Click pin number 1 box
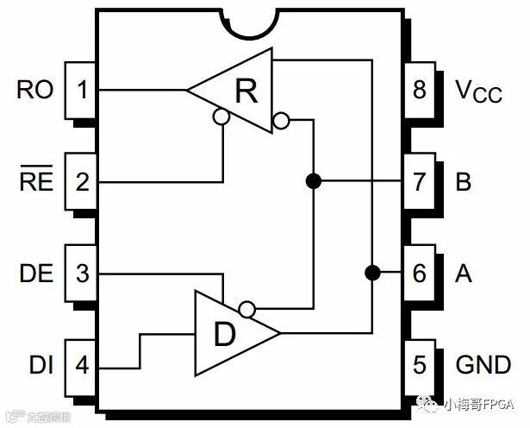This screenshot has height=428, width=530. click(82, 90)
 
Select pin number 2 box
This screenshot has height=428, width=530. click(82, 182)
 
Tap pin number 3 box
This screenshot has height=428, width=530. click(82, 274)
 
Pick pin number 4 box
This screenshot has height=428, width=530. click(82, 365)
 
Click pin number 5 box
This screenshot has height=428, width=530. click(419, 365)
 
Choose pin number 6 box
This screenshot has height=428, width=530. click(419, 274)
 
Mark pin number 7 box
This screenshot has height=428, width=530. click(419, 182)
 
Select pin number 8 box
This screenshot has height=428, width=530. click(419, 90)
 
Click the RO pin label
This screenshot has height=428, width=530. click(34, 90)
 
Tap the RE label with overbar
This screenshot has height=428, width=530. click(34, 182)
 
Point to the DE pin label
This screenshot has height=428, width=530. click(34, 274)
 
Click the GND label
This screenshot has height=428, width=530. click(483, 365)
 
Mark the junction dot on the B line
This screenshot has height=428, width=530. click(314, 181)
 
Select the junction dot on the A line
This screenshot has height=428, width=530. click(372, 273)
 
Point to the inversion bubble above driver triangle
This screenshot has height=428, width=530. click(247, 308)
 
